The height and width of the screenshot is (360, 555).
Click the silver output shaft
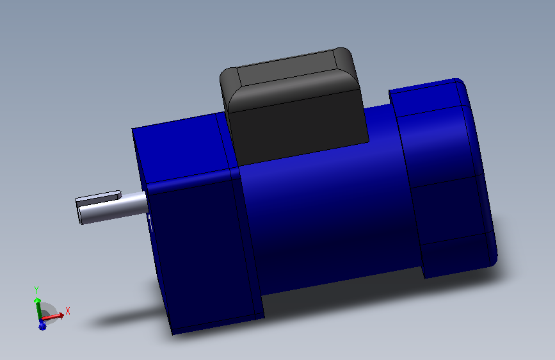tap(113, 208)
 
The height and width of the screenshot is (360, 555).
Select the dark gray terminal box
tap(294, 106)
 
